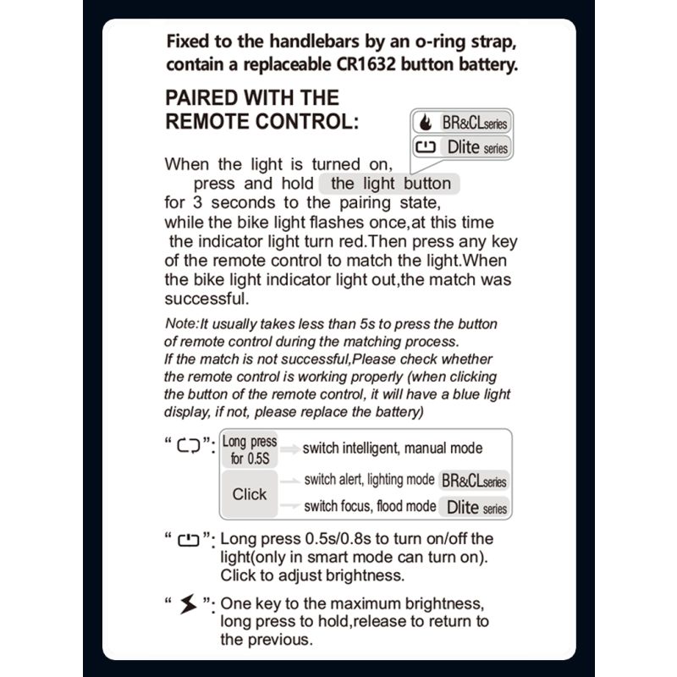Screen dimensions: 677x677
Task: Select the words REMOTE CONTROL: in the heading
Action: (x=262, y=121)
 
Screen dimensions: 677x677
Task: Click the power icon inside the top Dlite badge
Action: (x=426, y=146)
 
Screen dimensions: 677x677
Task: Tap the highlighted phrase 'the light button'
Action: (x=390, y=184)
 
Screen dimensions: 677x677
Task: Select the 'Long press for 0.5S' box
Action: (x=249, y=450)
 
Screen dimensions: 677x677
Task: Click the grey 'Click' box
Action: (x=249, y=494)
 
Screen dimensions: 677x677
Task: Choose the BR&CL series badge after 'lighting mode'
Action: (x=474, y=481)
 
